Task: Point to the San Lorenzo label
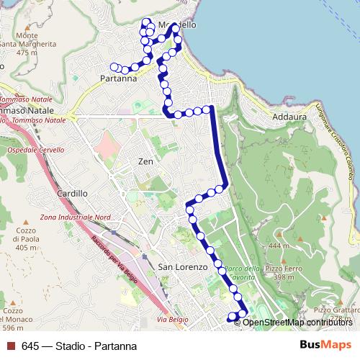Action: click(182, 267)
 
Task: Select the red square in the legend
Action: click(9, 346)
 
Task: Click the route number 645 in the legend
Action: click(31, 346)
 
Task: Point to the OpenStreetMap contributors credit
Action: click(297, 322)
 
